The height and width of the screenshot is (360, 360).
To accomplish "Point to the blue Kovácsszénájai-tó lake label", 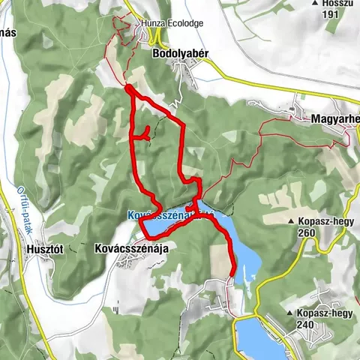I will pos(169,215).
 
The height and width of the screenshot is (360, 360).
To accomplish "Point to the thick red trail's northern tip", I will pos(129,88).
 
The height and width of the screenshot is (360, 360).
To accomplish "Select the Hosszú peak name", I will pos(339,4).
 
